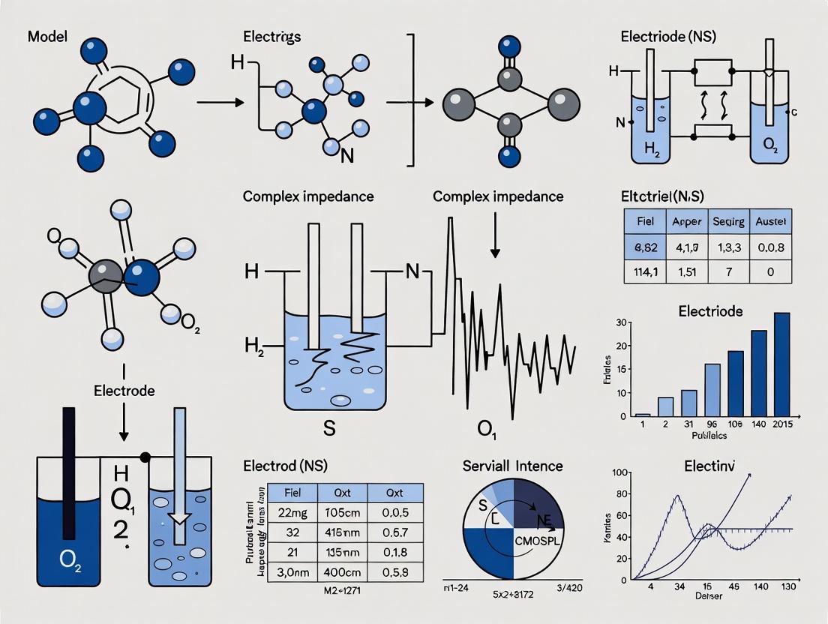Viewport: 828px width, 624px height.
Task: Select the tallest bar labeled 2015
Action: [781, 363]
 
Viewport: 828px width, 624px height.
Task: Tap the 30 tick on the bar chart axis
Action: [620, 322]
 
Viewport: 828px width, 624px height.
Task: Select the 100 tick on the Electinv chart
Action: [620, 472]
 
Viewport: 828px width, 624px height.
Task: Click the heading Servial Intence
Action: [514, 466]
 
